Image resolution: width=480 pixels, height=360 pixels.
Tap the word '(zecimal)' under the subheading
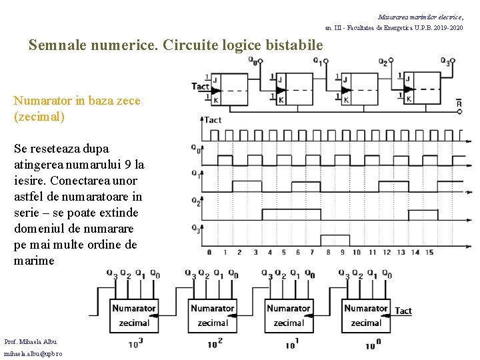pos(39,117)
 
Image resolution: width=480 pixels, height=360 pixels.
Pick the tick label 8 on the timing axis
pos(328,252)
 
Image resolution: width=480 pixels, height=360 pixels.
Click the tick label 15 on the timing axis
pos(429,252)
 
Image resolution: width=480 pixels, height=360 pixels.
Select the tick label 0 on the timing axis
pos(209,252)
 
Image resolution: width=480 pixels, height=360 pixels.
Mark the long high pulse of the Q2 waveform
pos(292,213)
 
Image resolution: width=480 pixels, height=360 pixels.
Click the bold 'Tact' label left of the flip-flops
pos(200,87)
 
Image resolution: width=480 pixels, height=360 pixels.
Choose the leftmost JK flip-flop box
pos(230,89)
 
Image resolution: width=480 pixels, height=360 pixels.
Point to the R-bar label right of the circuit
pos(459,103)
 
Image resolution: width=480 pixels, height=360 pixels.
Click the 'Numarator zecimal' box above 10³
pos(134,315)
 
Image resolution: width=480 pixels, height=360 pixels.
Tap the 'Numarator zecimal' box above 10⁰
pos(366,315)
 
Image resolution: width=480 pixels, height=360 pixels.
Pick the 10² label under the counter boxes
pos(214,344)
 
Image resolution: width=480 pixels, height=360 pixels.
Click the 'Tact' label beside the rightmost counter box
pos(403,311)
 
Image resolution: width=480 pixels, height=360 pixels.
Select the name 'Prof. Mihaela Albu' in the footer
pos(31,341)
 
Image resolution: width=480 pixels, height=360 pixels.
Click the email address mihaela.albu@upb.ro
pos(33,353)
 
